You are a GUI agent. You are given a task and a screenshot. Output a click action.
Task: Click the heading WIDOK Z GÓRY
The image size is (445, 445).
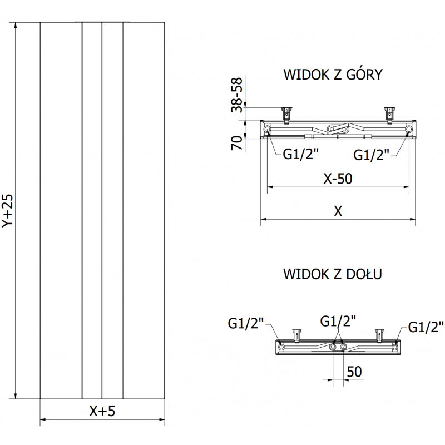[333, 75]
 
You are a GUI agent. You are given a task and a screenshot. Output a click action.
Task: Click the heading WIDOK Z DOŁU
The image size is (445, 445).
[333, 274]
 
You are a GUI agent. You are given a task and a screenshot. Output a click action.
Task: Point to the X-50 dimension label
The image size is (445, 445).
[339, 179]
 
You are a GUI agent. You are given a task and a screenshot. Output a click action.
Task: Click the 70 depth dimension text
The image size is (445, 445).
[238, 143]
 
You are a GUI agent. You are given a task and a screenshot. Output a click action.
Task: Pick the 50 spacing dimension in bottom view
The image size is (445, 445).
[355, 371]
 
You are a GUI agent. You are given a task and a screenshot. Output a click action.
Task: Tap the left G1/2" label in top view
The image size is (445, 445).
[301, 154]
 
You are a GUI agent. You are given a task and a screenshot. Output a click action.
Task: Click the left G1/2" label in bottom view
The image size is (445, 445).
[246, 323]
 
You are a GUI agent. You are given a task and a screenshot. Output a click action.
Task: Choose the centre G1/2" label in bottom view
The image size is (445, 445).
[338, 321]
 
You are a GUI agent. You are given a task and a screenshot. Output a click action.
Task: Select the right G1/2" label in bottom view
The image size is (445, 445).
[426, 327]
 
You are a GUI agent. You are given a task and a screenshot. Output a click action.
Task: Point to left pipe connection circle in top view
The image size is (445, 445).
[268, 130]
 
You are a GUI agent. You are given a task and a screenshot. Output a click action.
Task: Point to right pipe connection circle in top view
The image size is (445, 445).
[409, 130]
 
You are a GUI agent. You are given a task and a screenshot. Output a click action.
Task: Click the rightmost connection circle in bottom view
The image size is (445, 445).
[395, 347]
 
